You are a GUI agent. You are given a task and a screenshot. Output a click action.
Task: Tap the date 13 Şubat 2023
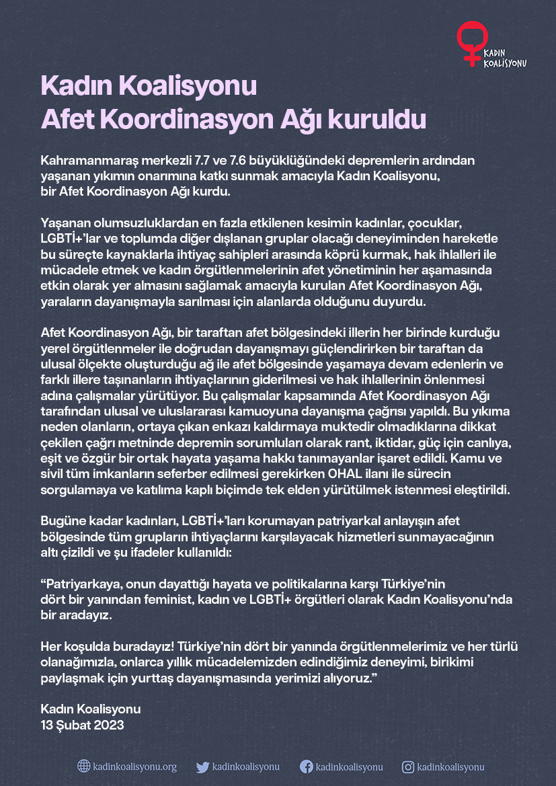tap(83, 725)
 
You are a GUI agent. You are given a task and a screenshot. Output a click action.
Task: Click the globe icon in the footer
tap(83, 766)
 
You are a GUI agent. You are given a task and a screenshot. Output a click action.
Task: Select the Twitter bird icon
tap(202, 767)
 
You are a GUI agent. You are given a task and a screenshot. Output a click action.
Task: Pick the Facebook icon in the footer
tap(306, 767)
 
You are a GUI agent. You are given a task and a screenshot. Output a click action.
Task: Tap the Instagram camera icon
tap(407, 767)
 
